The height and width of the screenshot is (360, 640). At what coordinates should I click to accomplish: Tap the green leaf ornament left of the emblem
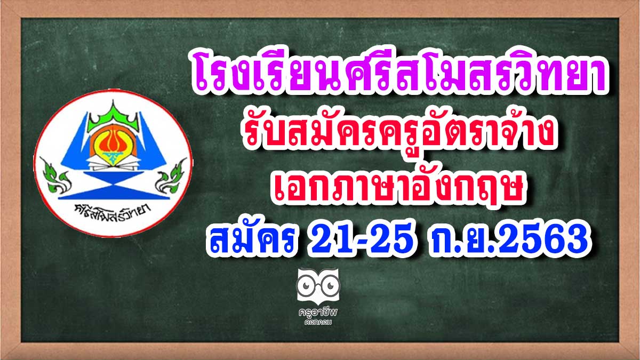tap(55, 175)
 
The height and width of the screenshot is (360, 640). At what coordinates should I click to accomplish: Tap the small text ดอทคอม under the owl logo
tap(318, 323)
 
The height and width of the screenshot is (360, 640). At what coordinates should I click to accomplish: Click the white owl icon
tap(318, 285)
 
